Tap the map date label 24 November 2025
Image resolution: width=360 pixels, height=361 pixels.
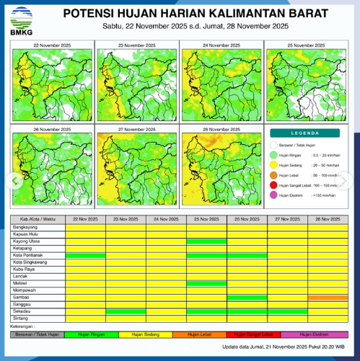coord(221,45)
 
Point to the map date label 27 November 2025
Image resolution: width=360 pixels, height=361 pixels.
coord(136,129)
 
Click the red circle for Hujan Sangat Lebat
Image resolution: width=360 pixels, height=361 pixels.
coord(274,184)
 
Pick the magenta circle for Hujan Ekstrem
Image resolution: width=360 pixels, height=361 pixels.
coord(274,195)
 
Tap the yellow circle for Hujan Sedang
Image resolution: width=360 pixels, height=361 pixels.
coord(274,164)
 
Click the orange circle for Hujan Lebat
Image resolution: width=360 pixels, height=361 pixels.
coord(274,174)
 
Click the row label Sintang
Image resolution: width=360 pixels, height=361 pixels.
coord(22,317)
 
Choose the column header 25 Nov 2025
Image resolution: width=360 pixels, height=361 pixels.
coord(206,219)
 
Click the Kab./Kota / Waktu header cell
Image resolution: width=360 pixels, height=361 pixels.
coord(38,219)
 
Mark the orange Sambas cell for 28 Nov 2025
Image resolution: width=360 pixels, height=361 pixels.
coord(328,296)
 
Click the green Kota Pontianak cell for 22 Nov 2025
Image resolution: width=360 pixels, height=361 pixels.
coord(85,255)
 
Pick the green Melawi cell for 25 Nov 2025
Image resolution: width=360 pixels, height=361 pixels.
coord(206,282)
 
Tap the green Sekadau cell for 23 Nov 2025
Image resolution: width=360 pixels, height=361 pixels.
coord(126,311)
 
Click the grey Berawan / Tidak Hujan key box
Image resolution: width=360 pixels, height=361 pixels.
coord(38,334)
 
